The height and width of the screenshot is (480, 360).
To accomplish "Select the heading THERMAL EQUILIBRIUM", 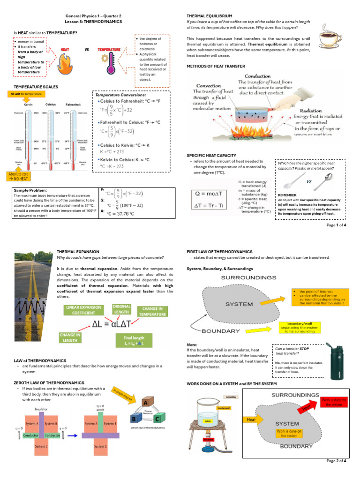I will coord(209,16).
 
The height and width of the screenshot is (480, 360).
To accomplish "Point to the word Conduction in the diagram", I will coord(258,76).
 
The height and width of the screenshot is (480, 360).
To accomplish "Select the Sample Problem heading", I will coord(30,190).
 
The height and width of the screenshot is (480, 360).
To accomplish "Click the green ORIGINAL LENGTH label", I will coord(121,309).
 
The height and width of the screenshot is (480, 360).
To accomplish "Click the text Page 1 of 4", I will coord(336,225).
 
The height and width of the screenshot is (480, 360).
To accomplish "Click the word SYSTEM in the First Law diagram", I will coord(240,304).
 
